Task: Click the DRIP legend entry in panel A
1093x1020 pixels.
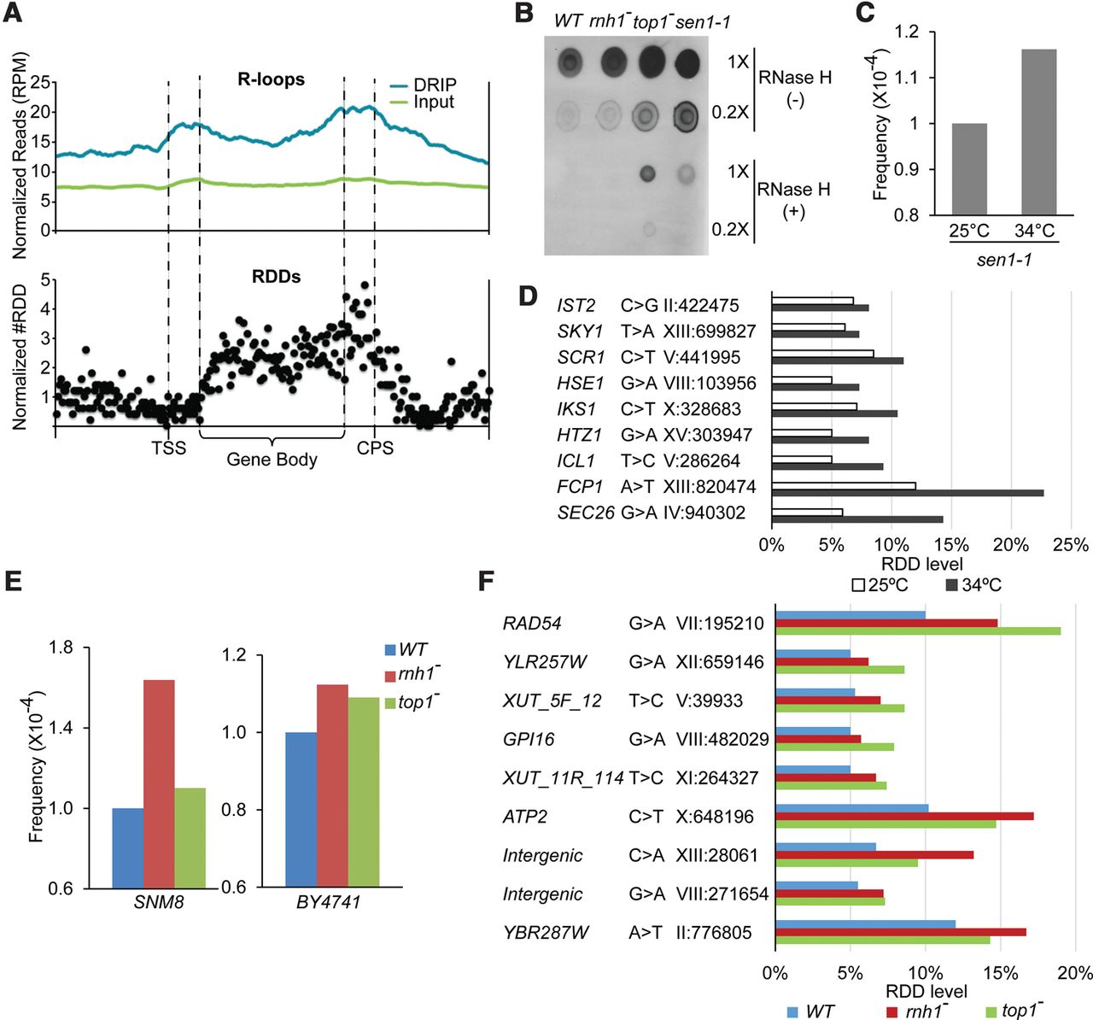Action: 435,85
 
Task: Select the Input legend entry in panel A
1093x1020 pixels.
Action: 434,102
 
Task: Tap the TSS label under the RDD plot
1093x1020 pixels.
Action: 169,448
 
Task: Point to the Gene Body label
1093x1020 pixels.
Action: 272,460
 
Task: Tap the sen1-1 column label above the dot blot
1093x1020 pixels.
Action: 703,21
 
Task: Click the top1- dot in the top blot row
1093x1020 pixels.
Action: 651,62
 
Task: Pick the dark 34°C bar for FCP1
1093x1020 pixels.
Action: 907,493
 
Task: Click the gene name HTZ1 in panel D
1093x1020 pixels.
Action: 576,435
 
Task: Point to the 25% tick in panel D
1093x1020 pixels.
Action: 1071,545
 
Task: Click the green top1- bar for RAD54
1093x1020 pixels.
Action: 918,631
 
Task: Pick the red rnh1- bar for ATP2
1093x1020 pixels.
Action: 904,816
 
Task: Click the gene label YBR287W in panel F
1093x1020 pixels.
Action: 546,932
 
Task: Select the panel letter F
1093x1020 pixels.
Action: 486,582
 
